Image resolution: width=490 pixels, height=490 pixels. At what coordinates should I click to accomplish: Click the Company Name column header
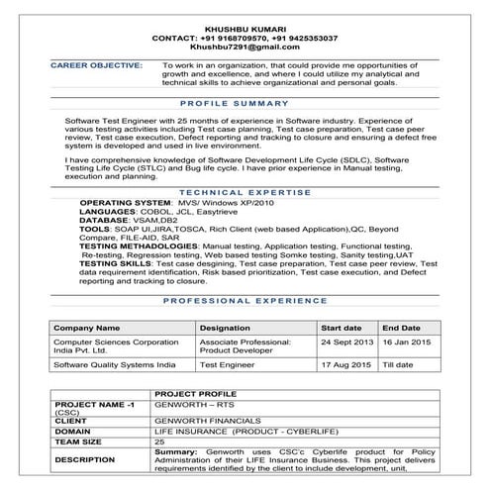point(86,327)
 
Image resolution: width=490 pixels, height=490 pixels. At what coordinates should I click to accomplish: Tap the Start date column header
point(341,327)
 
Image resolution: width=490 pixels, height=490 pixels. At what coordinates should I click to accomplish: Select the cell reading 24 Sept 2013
point(345,342)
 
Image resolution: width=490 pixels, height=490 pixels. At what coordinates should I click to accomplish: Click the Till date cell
point(398,365)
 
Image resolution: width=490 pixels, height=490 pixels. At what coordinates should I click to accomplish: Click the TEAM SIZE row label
point(82,442)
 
